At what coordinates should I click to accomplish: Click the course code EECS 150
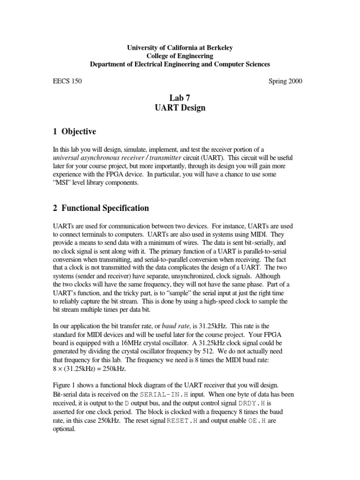point(67,81)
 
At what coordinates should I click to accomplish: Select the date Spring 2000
point(285,81)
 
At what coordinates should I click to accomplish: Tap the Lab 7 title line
point(180,98)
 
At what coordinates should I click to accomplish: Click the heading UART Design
point(180,108)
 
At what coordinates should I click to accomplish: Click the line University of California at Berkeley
point(180,47)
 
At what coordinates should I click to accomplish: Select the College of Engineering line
point(180,56)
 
